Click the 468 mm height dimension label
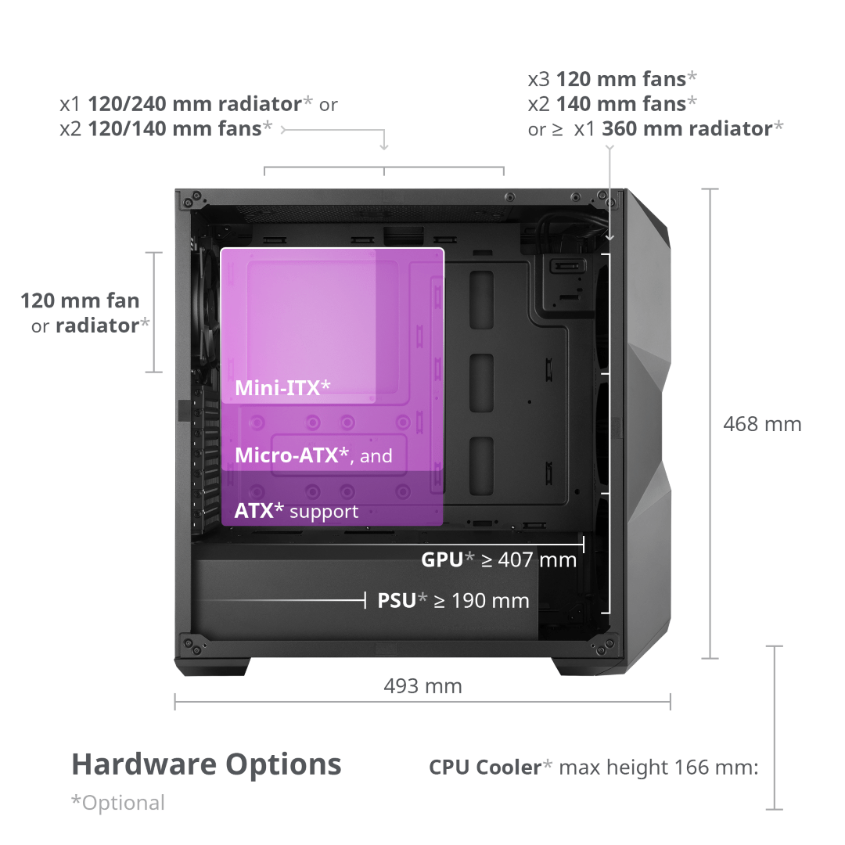[x=762, y=424]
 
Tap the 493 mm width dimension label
[x=422, y=686]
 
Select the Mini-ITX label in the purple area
[x=282, y=387]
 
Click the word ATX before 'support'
[x=253, y=512]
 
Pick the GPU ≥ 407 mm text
[x=498, y=559]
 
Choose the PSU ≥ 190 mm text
[x=453, y=601]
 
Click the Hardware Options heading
[x=207, y=764]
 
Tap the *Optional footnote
[x=118, y=803]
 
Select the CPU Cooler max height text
[x=593, y=768]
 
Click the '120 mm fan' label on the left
[x=80, y=300]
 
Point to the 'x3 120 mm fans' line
[x=613, y=78]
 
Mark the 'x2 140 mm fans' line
[x=613, y=103]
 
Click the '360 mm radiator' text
[x=687, y=129]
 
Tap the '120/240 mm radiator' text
[x=195, y=103]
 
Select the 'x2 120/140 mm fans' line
[x=166, y=128]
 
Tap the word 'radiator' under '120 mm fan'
[x=96, y=325]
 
